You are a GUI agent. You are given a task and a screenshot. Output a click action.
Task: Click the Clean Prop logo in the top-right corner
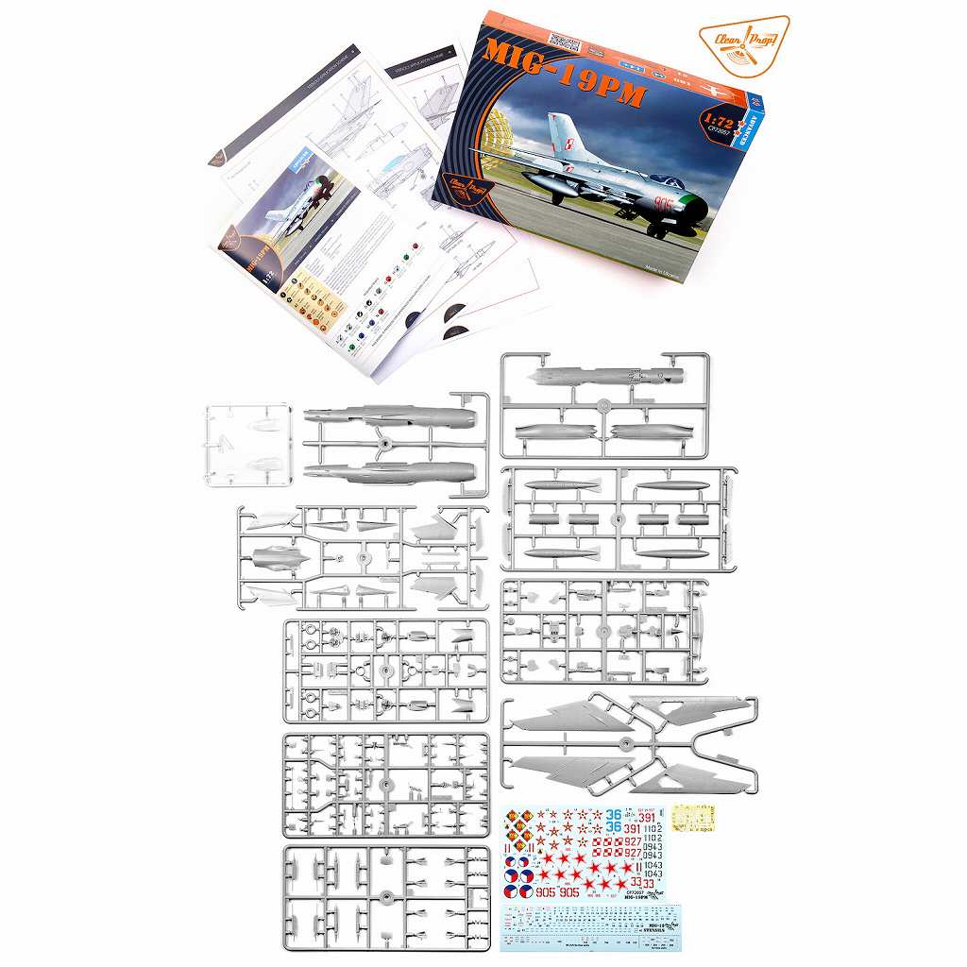(751, 43)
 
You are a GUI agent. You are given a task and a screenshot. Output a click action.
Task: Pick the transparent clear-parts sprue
(246, 443)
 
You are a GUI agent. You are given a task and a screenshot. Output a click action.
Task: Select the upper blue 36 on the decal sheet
(614, 814)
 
